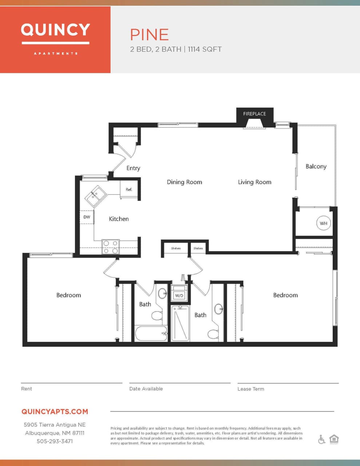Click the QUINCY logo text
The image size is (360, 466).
point(55,30)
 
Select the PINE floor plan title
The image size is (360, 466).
point(149,35)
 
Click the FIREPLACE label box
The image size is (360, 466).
point(254,114)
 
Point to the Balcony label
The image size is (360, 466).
point(316,166)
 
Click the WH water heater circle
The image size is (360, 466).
point(323,223)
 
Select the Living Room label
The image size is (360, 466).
point(254,182)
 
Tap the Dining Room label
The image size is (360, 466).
point(184,182)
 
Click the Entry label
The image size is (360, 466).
point(133,168)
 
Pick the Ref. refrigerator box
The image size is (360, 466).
point(129,190)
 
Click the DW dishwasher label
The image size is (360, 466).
point(87,217)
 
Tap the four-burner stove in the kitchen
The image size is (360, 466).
point(111,247)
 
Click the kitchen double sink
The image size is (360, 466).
point(96,196)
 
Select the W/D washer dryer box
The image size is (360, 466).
point(179,295)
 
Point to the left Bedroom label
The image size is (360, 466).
point(68,295)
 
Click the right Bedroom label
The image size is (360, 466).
point(285,295)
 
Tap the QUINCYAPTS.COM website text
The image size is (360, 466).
point(55,411)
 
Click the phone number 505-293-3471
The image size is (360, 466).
point(55,441)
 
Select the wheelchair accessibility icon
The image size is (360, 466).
point(321,439)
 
